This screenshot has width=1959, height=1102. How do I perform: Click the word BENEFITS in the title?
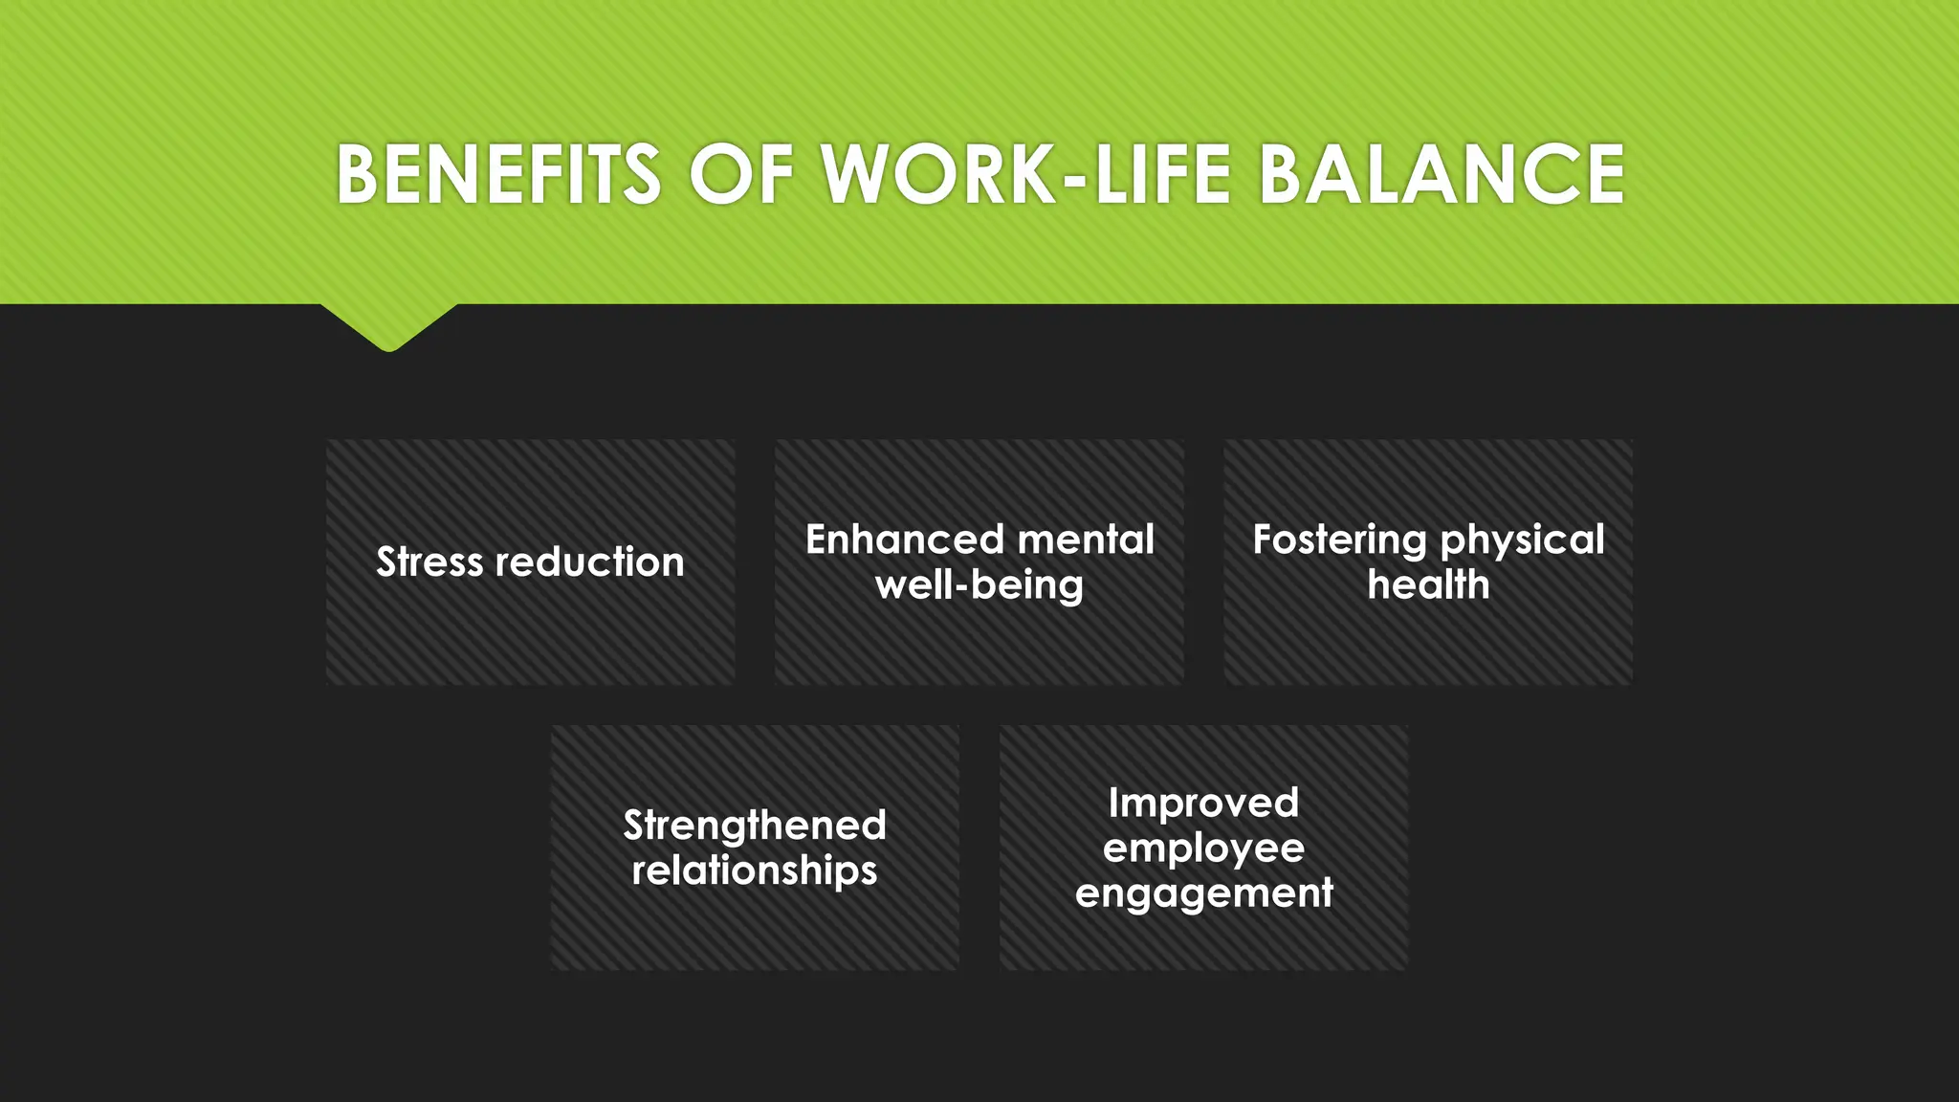(x=498, y=175)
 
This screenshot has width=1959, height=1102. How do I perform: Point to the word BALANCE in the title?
(x=1442, y=175)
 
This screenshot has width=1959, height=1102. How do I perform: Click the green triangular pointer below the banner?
(x=389, y=325)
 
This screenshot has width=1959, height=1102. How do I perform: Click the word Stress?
(x=429, y=562)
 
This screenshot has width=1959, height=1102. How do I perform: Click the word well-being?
(x=979, y=585)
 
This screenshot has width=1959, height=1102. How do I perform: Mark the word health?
(x=1428, y=584)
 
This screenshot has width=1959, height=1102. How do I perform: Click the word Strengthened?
(x=755, y=826)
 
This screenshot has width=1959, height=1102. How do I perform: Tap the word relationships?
(x=755, y=871)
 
